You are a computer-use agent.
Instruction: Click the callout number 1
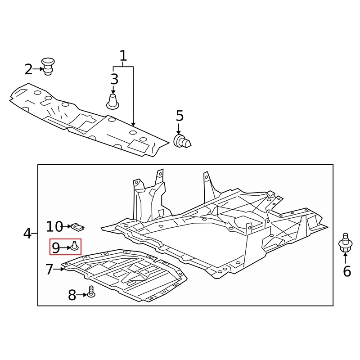[123, 56]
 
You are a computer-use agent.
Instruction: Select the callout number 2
[28, 70]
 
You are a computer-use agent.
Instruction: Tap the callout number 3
[114, 79]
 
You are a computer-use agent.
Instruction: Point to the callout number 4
[27, 234]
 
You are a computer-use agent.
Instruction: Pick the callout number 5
[180, 116]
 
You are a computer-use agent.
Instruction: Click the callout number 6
[346, 271]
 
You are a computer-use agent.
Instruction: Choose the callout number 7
[49, 270]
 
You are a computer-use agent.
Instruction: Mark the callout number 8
[72, 295]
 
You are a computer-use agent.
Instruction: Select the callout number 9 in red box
[56, 247]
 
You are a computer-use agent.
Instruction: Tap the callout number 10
[55, 226]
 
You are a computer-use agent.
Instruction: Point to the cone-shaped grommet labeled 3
[112, 101]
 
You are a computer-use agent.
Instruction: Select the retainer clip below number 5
[182, 141]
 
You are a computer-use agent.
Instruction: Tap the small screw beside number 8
[91, 292]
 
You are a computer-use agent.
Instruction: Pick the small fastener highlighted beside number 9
[75, 246]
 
